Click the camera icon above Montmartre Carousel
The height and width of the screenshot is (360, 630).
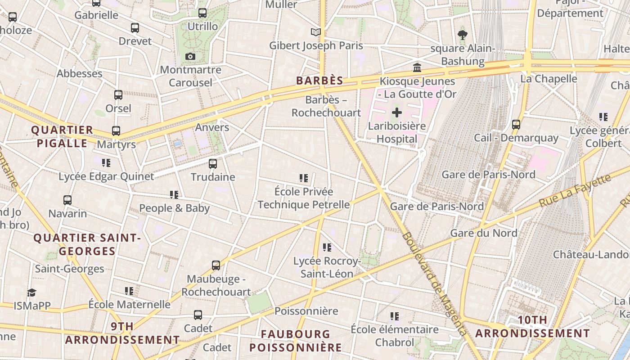point(190,56)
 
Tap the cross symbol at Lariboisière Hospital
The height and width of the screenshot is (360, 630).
point(397,112)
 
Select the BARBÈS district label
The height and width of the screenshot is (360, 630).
point(319,81)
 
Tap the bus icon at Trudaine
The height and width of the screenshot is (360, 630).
point(213,163)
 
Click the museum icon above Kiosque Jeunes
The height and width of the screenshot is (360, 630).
point(417,68)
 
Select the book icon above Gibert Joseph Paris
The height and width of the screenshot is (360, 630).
point(316,32)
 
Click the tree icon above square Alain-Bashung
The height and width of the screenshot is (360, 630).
point(462,35)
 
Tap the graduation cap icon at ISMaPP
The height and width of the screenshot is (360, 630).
point(31,292)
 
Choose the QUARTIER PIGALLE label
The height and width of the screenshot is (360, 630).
point(62,137)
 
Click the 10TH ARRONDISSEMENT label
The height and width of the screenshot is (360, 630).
point(532,327)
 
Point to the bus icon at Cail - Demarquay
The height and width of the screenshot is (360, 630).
point(516,124)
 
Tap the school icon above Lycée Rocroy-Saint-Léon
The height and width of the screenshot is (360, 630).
point(327,247)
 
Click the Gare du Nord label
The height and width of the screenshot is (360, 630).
point(484,233)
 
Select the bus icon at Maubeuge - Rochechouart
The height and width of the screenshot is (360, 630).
point(216,265)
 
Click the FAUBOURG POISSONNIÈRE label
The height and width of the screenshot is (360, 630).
point(296,341)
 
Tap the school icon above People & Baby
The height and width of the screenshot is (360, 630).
point(174,194)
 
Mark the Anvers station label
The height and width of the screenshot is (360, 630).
point(212,127)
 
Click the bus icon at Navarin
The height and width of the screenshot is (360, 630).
point(67,200)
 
